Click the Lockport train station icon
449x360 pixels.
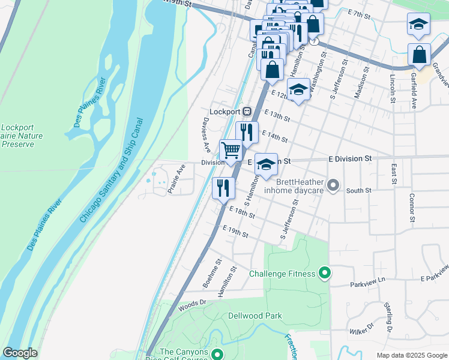[x=247, y=112]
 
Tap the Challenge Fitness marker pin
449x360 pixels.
[x=325, y=274]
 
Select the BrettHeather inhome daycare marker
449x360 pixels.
[x=334, y=186]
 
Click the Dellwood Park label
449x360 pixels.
[x=255, y=316]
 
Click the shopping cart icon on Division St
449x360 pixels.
[x=231, y=151]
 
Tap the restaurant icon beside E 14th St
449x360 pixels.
[x=247, y=132]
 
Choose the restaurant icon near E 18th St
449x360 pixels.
[x=223, y=188]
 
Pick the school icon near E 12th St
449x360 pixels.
[x=298, y=89]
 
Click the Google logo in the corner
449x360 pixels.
[x=20, y=353]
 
